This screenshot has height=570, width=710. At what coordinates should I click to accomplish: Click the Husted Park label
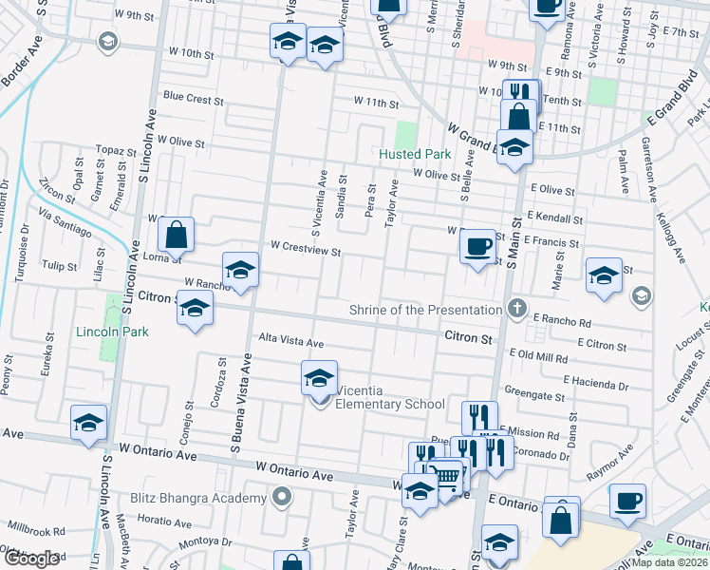click(415, 153)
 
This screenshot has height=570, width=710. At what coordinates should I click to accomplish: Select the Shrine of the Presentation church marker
click(516, 309)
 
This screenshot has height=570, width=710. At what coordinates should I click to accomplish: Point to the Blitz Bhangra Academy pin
click(282, 498)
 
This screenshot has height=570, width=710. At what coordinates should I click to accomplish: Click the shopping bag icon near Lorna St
click(177, 234)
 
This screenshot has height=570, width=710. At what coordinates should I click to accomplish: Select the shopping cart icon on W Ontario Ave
click(446, 473)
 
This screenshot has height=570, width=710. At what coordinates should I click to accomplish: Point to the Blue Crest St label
click(193, 97)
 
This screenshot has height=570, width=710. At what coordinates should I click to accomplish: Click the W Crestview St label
click(305, 246)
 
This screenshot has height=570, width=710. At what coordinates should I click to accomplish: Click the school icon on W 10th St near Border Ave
click(107, 41)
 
